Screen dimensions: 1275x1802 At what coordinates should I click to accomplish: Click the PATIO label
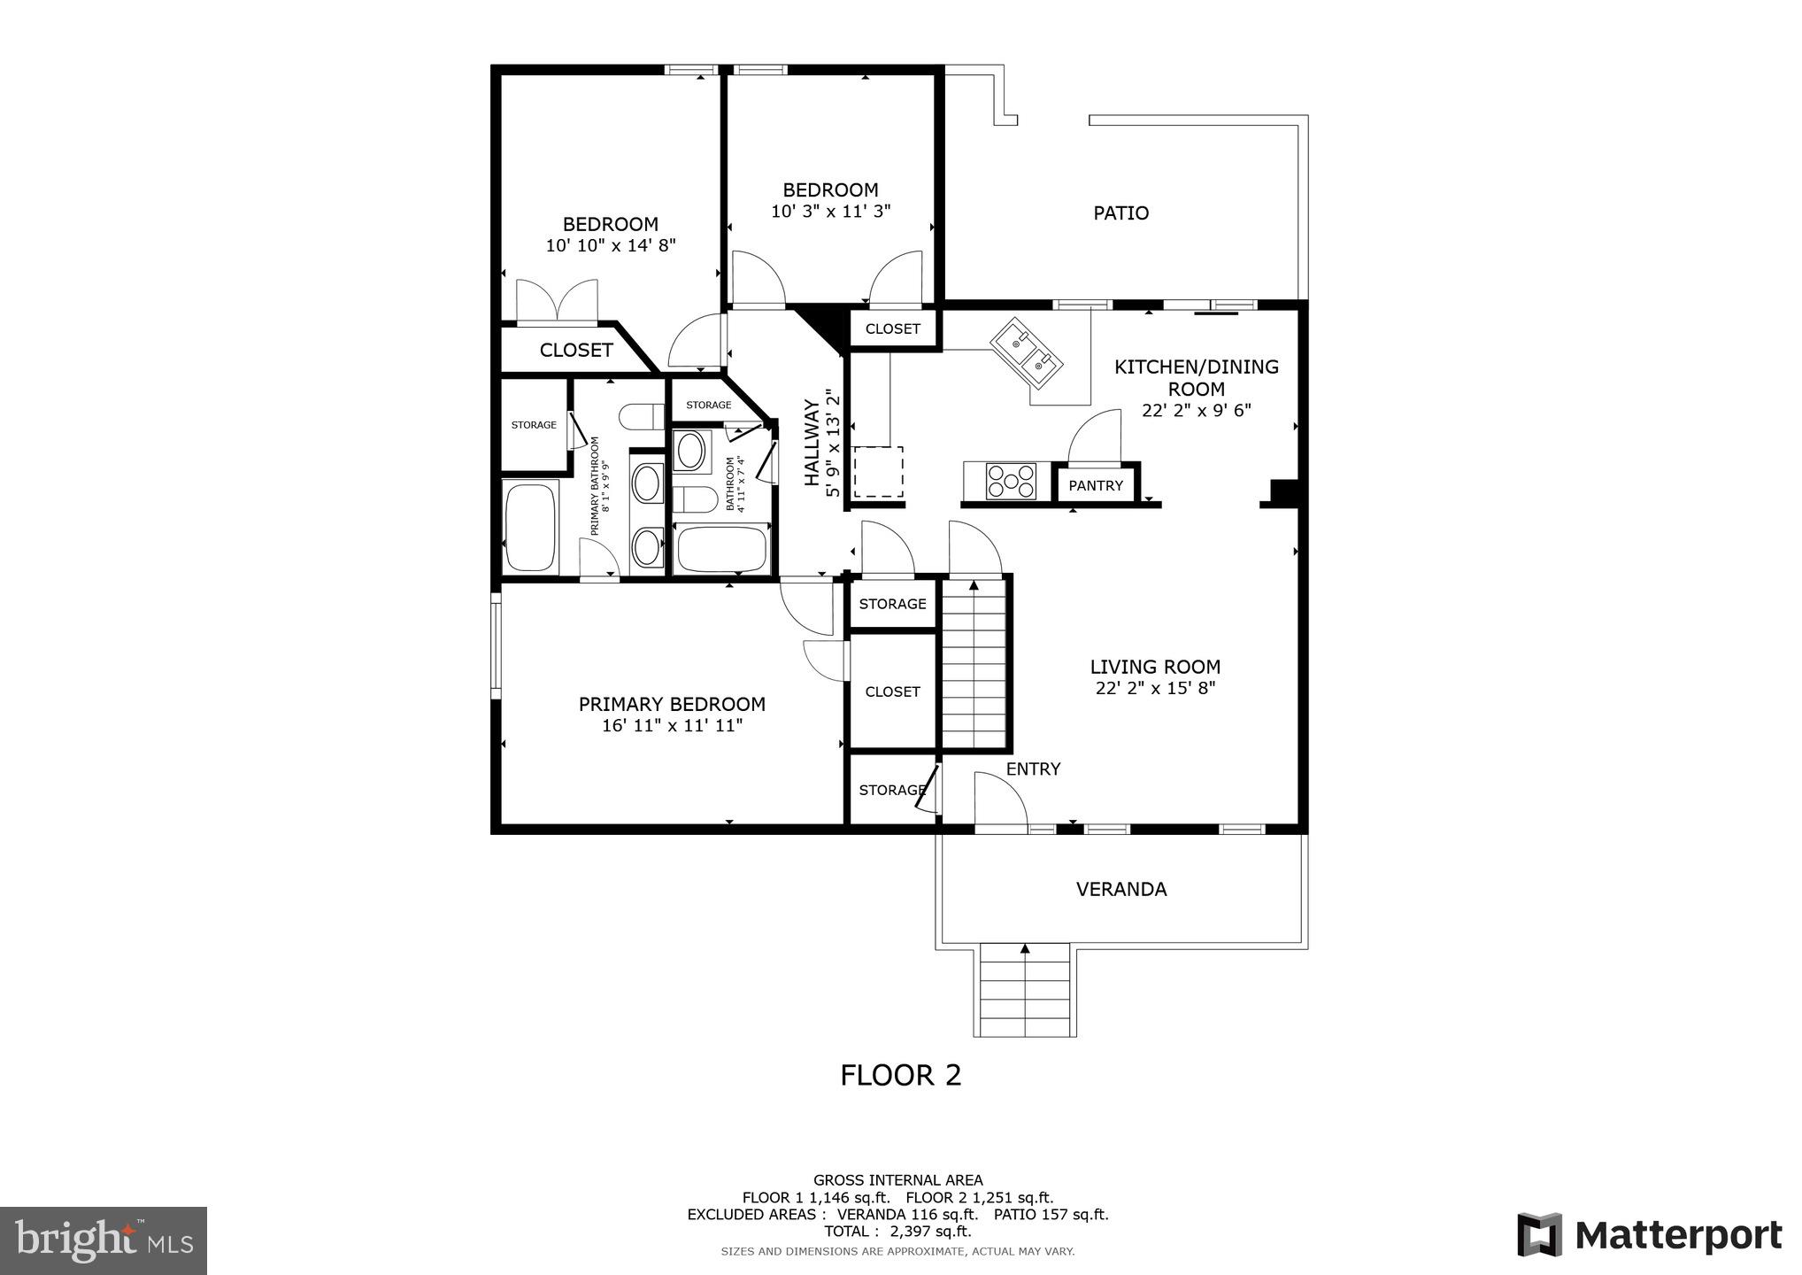point(1120,213)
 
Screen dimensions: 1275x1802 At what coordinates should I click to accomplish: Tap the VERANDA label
point(1120,889)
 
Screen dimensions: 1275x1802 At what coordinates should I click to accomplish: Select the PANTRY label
point(1095,485)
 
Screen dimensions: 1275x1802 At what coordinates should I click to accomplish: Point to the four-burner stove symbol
point(1011,482)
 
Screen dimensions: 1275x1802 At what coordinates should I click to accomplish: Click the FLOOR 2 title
point(900,1075)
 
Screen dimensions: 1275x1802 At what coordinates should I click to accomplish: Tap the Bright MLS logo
point(104,1240)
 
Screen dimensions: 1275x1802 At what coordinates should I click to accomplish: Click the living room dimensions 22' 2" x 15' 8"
point(1155,689)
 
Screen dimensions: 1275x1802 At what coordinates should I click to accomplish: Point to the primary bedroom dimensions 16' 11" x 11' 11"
point(672,726)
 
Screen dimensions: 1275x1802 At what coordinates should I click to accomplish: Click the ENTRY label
point(1033,769)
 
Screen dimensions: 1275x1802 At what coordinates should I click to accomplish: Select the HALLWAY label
point(812,443)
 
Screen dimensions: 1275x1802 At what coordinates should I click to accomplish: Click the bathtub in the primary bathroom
point(530,528)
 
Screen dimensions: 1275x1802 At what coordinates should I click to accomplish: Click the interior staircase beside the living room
point(974,664)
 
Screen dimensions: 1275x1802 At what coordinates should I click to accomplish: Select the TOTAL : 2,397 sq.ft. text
point(897,1232)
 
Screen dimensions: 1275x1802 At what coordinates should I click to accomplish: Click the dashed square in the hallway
point(878,472)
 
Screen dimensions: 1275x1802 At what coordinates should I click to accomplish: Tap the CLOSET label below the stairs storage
point(892,692)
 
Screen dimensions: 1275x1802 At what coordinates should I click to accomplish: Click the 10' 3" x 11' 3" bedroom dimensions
point(830,212)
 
